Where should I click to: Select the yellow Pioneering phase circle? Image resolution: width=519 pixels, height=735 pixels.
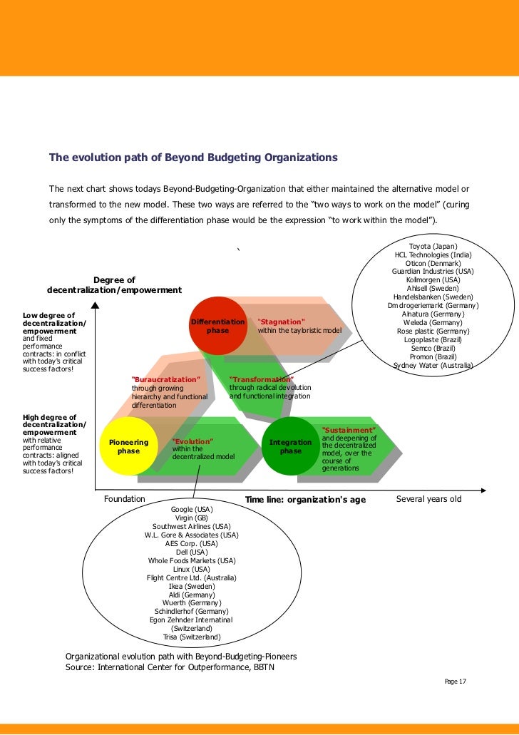(128, 446)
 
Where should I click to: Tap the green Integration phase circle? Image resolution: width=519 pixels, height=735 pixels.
(291, 446)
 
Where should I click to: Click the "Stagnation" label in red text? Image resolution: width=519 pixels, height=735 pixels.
(281, 322)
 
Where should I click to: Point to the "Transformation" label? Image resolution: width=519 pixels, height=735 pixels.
(261, 379)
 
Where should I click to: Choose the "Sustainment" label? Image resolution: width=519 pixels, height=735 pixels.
(349, 431)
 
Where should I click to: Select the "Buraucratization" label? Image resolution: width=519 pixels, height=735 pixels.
(166, 379)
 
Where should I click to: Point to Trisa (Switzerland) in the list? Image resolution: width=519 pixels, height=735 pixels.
(192, 637)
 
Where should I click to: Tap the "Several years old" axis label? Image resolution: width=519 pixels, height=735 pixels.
(428, 499)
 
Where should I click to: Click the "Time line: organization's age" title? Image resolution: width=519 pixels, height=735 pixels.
(305, 500)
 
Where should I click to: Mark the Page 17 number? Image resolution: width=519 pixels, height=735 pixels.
(455, 682)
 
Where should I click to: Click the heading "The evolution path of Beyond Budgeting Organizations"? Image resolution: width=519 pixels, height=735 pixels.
(192, 157)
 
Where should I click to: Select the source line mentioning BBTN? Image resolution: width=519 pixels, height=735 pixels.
(169, 667)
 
